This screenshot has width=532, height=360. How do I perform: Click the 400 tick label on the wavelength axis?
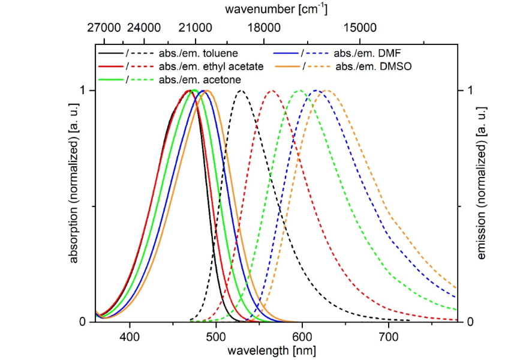click(x=129, y=337)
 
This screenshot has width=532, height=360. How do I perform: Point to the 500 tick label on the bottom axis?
click(x=215, y=337)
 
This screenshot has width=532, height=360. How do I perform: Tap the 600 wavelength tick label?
click(x=302, y=337)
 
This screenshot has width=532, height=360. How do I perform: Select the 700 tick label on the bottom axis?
click(x=388, y=337)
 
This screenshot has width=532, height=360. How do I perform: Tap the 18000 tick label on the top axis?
click(x=265, y=28)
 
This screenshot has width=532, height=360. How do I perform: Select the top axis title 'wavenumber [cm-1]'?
click(x=276, y=9)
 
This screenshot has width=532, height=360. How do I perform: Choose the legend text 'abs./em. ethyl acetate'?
click(x=211, y=66)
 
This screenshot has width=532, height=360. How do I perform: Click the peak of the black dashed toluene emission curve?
click(x=241, y=91)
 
